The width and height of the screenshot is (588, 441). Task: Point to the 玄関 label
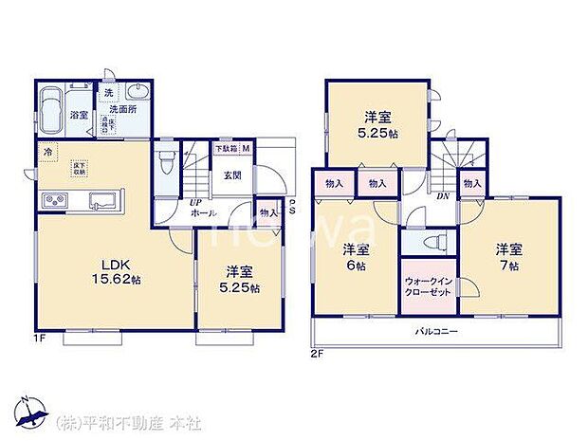pos(232,175)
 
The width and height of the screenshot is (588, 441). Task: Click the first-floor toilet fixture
pos(167,160)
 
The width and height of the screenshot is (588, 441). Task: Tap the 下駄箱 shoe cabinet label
pos(226,149)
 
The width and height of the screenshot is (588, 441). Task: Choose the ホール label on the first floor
pos(201,216)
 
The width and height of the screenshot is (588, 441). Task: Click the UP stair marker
pos(194,203)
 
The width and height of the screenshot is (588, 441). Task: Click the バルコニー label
pos(437,332)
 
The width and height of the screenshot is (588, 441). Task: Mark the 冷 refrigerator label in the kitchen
pos(47,150)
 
